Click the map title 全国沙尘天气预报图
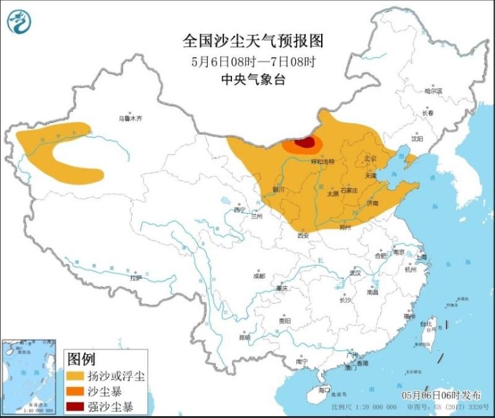[253, 41]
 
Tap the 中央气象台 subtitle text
[253, 79]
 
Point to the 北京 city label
[370, 158]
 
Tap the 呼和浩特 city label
[322, 161]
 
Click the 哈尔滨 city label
[433, 91]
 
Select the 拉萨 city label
[136, 279]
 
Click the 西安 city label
[303, 235]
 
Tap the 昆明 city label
[245, 337]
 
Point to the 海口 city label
[324, 390]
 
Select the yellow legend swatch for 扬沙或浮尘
[77, 377]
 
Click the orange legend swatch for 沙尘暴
[77, 391]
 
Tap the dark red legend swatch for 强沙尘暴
[77, 406]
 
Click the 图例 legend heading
[81, 359]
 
